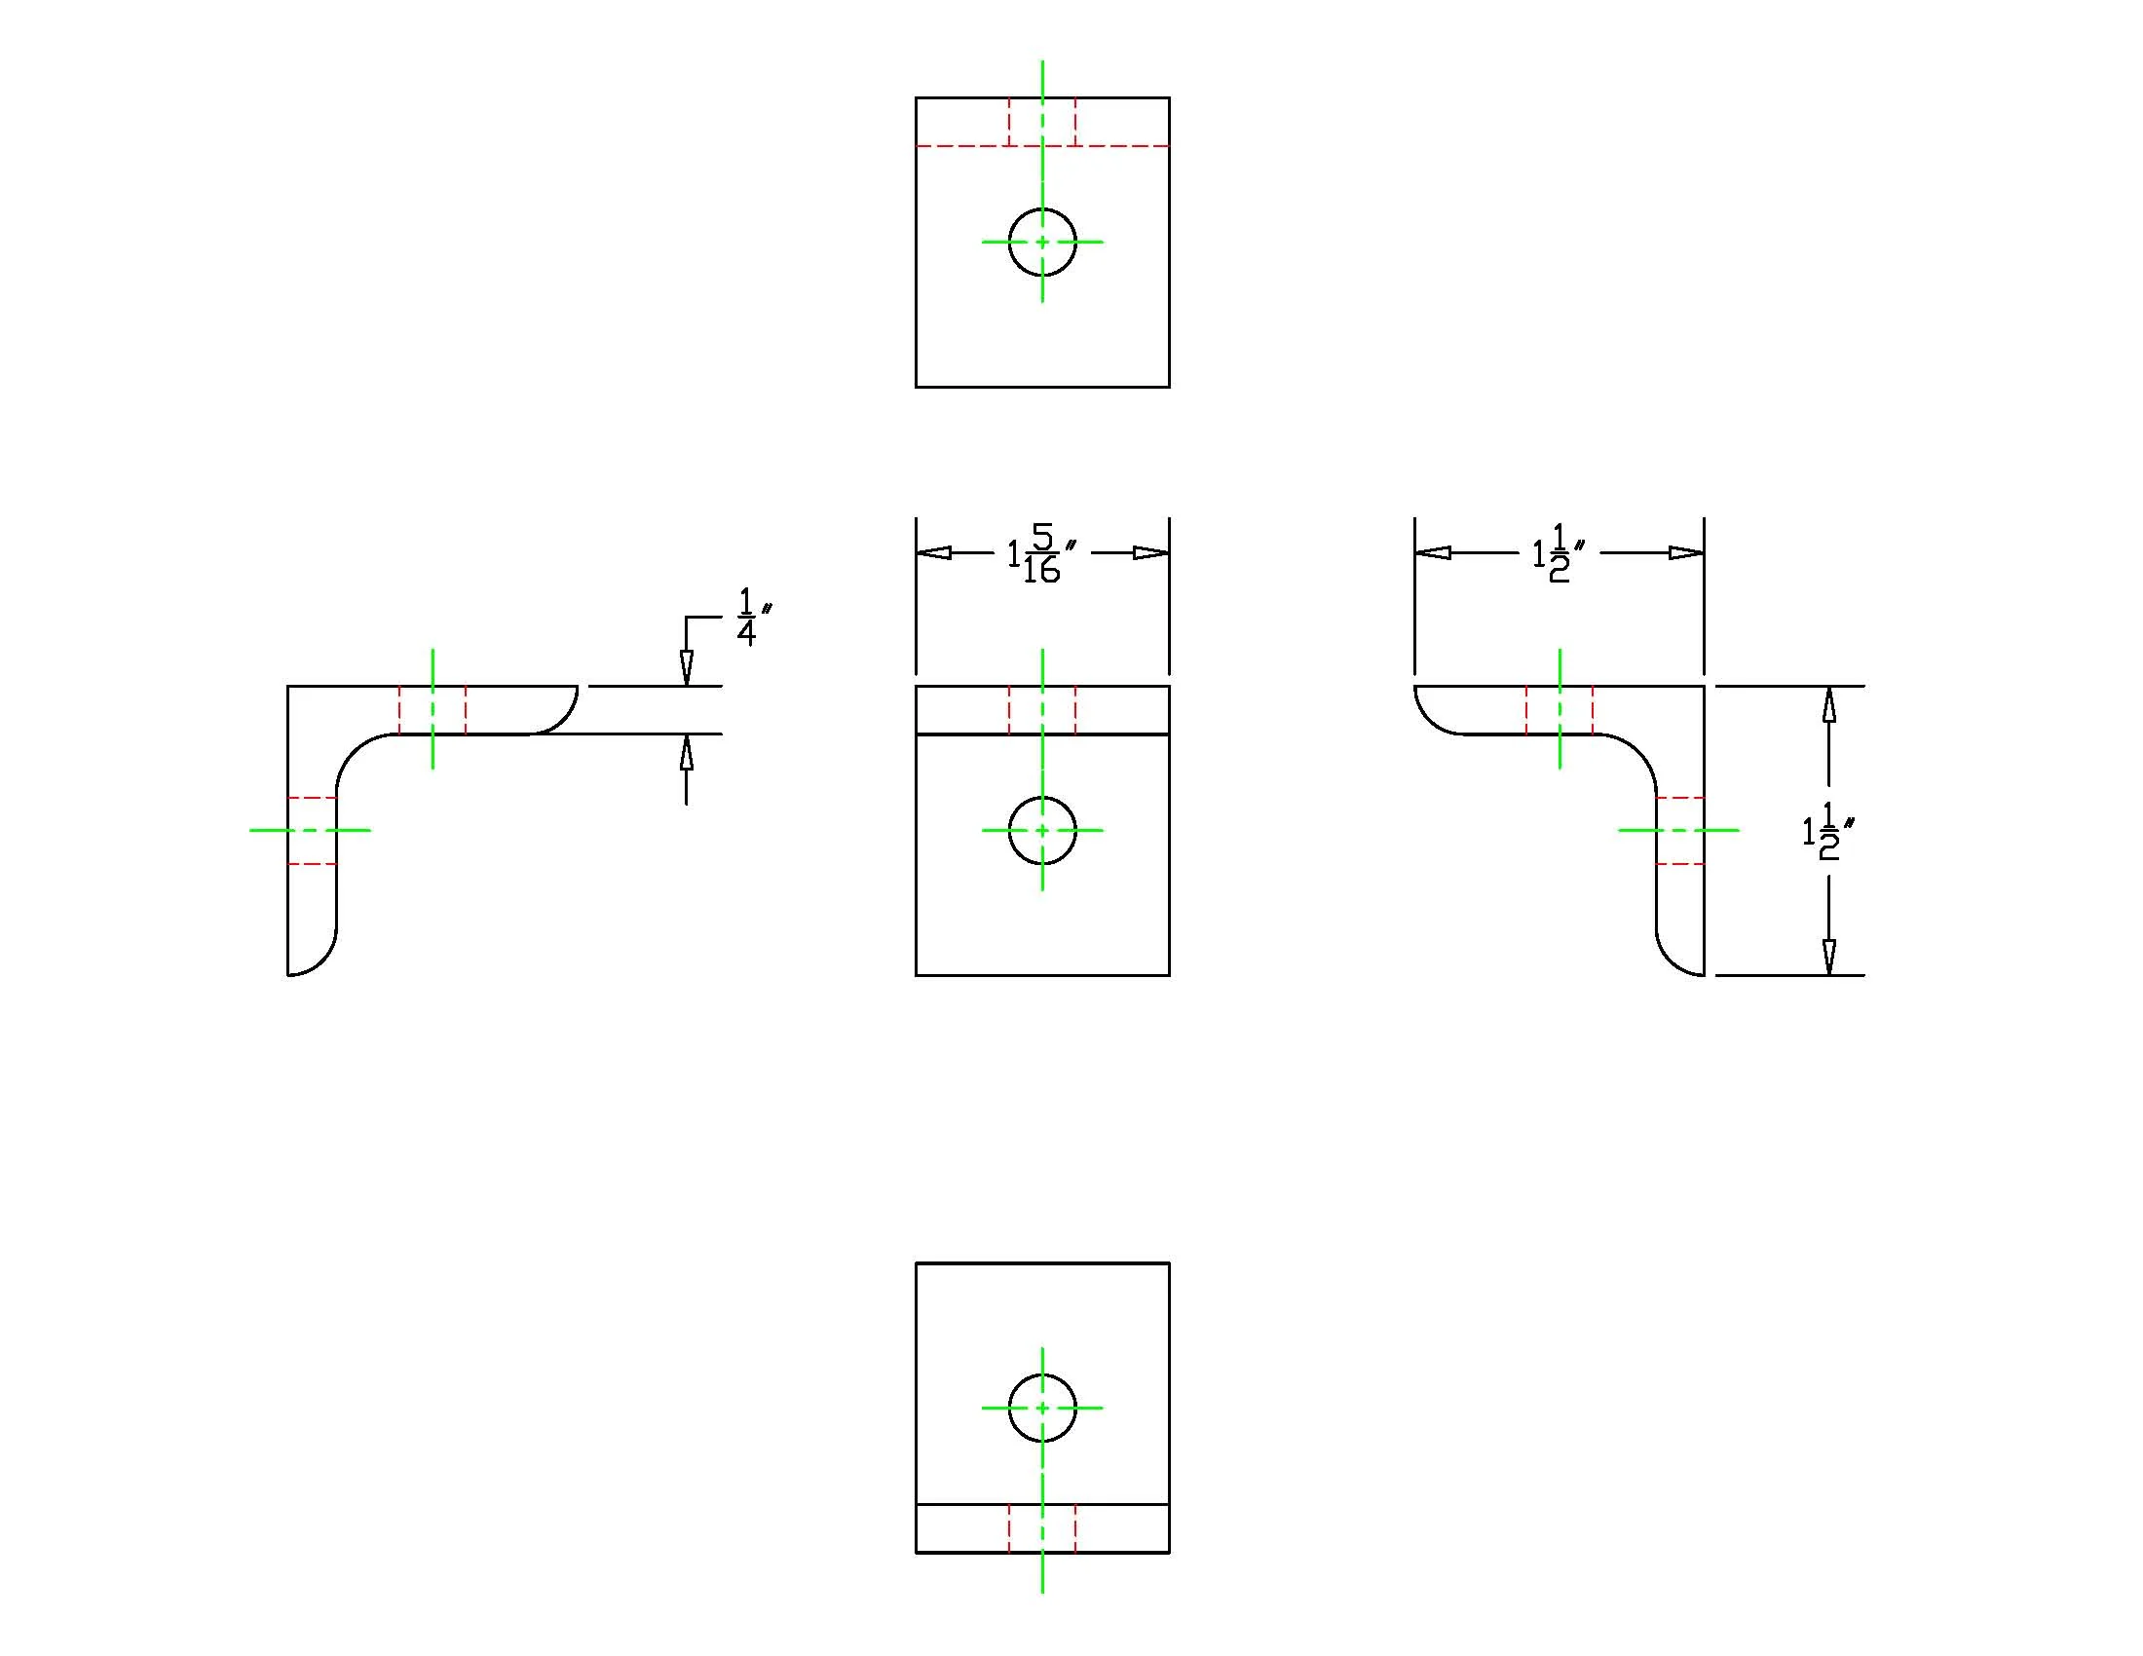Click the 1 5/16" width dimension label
point(1041,553)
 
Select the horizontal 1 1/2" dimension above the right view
point(1559,553)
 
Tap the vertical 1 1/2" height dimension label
point(1828,831)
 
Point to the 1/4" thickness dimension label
point(754,617)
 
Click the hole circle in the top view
point(1042,209)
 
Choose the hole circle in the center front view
point(1042,798)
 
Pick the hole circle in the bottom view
point(1042,1374)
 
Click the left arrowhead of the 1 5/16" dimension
point(933,553)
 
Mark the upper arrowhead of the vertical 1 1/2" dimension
point(1828,703)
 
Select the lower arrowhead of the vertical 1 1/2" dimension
point(1828,958)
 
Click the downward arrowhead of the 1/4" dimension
point(686,668)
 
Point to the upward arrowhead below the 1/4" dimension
point(686,751)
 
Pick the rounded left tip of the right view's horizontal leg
point(1429,720)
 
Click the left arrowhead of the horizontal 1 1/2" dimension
point(1433,553)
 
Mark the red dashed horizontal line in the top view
point(1042,146)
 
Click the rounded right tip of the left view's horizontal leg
point(563,720)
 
